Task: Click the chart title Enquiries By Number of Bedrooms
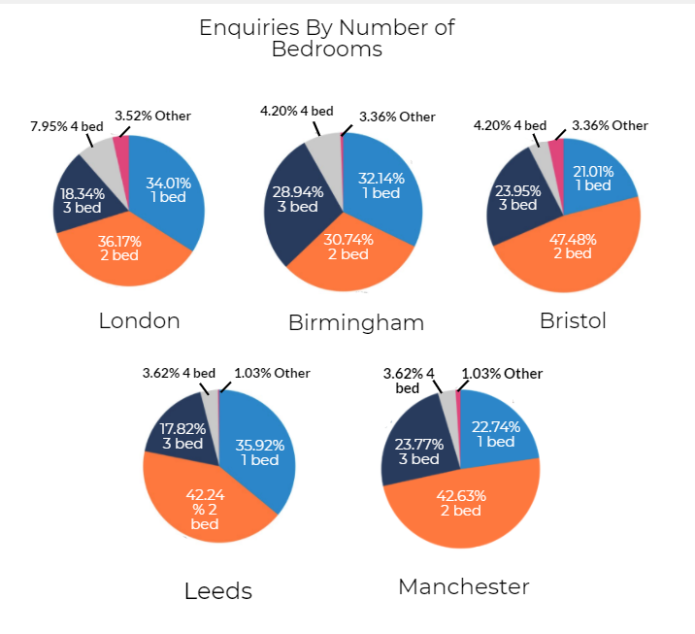coord(326,38)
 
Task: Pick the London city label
coord(139,320)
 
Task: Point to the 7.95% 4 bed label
coord(66,125)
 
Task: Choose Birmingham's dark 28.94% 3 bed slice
coord(295,199)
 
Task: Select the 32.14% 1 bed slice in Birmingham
coord(381,184)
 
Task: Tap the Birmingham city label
coord(356,322)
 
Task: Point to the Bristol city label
coord(573,320)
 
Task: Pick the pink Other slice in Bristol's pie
coord(557,153)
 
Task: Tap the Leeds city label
coord(218,590)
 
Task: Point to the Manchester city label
coord(464,586)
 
